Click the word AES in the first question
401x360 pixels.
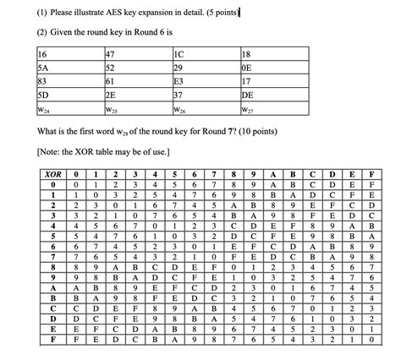105,10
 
